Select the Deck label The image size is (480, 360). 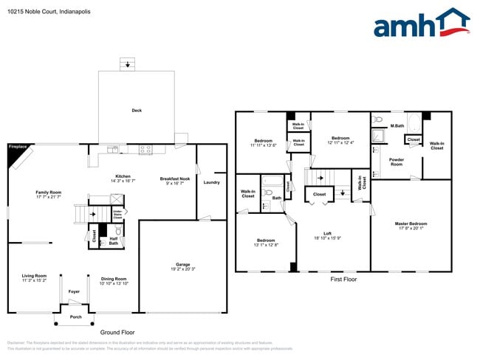point(137,111)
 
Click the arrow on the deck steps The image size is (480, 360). point(129,65)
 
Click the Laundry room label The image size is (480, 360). point(211,182)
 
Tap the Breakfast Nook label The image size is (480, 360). point(175,179)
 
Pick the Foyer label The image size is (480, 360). point(74,291)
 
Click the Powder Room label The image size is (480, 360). point(396,161)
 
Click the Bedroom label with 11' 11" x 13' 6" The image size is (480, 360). point(264,140)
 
